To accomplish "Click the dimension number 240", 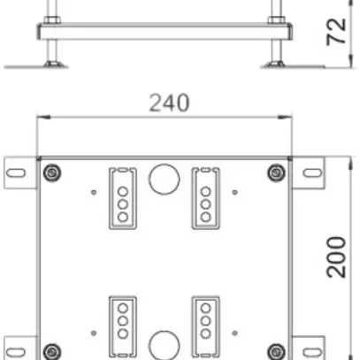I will (168, 103).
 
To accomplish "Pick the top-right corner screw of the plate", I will (277, 171).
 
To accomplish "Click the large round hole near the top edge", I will (164, 179).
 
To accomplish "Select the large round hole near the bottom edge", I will (164, 344).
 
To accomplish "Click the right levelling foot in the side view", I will (278, 62).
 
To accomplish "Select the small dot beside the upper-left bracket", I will (94, 190).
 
